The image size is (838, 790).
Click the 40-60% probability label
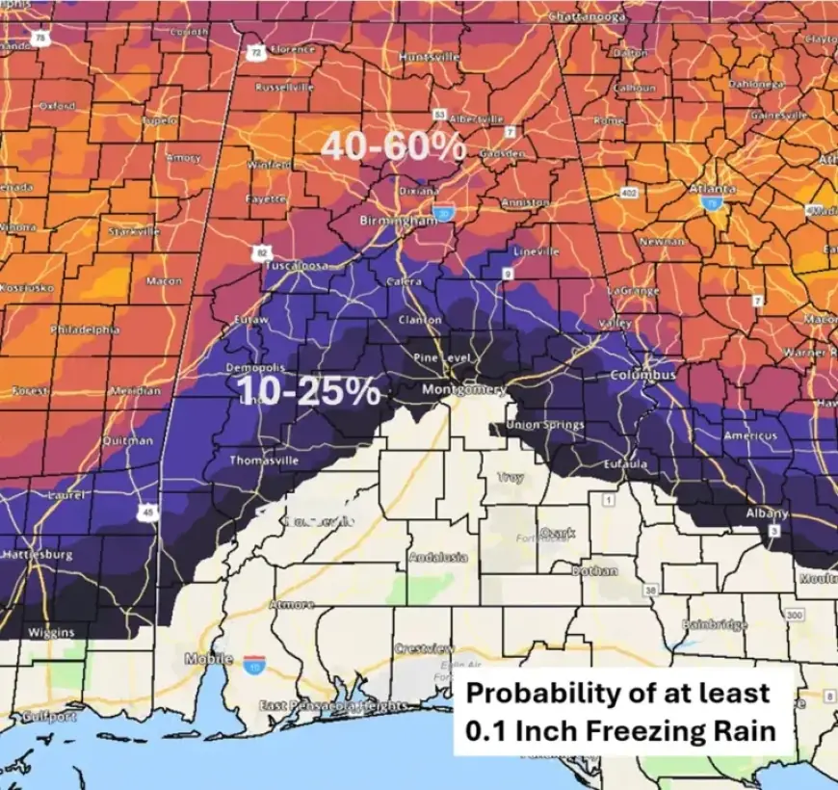coord(393,147)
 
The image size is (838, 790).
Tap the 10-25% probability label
coord(308,390)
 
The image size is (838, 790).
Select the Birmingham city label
coord(398,220)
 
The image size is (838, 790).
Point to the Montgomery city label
coord(464,389)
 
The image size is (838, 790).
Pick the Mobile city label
coord(208,659)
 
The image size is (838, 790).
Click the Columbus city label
coord(642,374)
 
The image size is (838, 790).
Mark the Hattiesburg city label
coord(37,556)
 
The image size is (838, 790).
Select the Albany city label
coord(767,513)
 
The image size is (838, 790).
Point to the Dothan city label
coord(594,570)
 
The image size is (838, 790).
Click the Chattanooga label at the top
coord(588,16)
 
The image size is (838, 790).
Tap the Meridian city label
coord(135,391)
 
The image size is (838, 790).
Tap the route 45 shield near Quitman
coord(146,513)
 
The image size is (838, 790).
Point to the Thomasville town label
coord(263,461)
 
